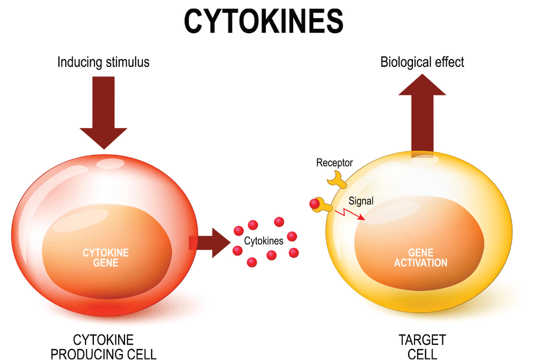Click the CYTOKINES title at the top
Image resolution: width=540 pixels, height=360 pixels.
(263, 22)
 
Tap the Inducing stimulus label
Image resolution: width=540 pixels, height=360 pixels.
(103, 62)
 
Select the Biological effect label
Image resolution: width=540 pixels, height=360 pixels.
(422, 62)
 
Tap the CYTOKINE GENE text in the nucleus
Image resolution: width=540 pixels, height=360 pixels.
(105, 258)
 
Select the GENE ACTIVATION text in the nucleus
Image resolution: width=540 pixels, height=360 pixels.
(420, 258)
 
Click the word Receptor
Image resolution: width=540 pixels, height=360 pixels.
(334, 163)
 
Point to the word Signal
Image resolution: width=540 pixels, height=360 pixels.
(361, 201)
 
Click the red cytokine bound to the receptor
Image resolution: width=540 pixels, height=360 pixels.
(315, 203)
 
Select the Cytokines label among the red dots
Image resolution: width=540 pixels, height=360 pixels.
(264, 241)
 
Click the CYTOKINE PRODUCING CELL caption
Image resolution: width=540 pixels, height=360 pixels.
(114, 346)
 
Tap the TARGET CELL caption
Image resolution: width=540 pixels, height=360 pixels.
(422, 346)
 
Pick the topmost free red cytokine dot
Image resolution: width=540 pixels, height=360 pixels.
(279, 221)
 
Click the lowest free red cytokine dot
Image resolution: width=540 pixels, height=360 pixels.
(252, 261)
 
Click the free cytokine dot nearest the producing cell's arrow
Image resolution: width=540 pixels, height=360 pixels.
(238, 231)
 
